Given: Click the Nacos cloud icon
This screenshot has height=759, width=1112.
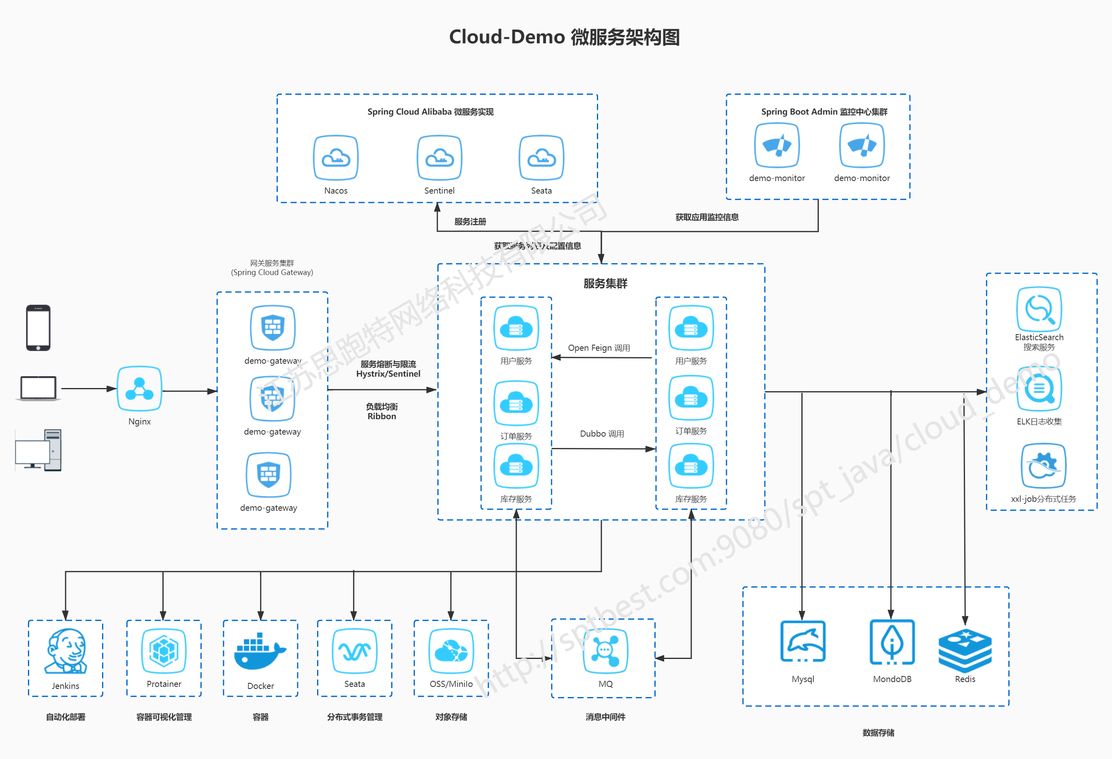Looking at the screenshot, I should (x=335, y=158).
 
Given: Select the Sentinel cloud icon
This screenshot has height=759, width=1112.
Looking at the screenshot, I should (x=439, y=158).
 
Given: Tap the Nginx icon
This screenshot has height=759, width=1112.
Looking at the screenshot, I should (x=139, y=388).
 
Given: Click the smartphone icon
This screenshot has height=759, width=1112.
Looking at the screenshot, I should (x=38, y=328).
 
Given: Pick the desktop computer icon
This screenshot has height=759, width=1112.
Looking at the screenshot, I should (x=38, y=450).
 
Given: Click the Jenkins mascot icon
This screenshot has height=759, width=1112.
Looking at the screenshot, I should (x=66, y=651).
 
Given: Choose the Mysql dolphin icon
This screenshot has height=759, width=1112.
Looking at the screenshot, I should (x=803, y=641).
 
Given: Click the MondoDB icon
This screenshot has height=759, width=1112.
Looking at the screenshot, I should (x=892, y=641).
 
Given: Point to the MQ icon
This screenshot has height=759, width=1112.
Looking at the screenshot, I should (x=605, y=651).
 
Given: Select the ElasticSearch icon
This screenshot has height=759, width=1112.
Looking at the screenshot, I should (x=1039, y=309).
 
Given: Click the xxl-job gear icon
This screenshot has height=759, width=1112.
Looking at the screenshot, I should (x=1043, y=465).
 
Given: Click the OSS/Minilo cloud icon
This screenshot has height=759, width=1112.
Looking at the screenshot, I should (x=451, y=651).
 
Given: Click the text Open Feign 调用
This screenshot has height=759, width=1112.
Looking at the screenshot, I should (x=599, y=348).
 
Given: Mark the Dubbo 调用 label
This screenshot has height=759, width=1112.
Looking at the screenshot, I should (x=602, y=434).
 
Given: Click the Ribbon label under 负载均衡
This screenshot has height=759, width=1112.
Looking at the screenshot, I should (x=381, y=416).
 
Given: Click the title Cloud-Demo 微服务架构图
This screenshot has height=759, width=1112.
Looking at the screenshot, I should (x=564, y=37).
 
